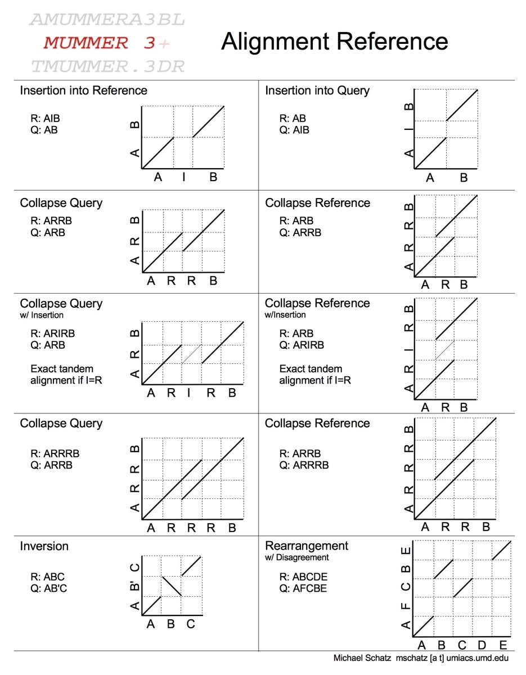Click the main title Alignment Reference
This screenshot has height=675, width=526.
point(334,42)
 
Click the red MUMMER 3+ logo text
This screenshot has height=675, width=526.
point(106,43)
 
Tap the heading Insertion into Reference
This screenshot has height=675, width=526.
point(83,91)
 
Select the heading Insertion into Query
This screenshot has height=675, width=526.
point(317,91)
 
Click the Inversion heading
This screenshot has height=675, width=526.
point(44,546)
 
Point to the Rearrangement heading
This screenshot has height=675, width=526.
point(307,546)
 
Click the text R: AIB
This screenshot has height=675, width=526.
point(46,119)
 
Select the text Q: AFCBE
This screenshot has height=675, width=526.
point(303,588)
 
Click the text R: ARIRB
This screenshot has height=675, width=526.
point(52,334)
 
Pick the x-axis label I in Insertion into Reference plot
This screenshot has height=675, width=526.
point(183,178)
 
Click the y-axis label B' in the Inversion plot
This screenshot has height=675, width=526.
point(135,587)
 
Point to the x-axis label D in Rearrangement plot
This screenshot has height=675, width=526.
point(482,645)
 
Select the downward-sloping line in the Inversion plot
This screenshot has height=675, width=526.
point(172,586)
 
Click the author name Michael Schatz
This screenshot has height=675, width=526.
point(362,658)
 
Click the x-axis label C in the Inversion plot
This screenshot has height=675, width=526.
point(191,624)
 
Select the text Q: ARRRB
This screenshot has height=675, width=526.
point(304,465)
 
